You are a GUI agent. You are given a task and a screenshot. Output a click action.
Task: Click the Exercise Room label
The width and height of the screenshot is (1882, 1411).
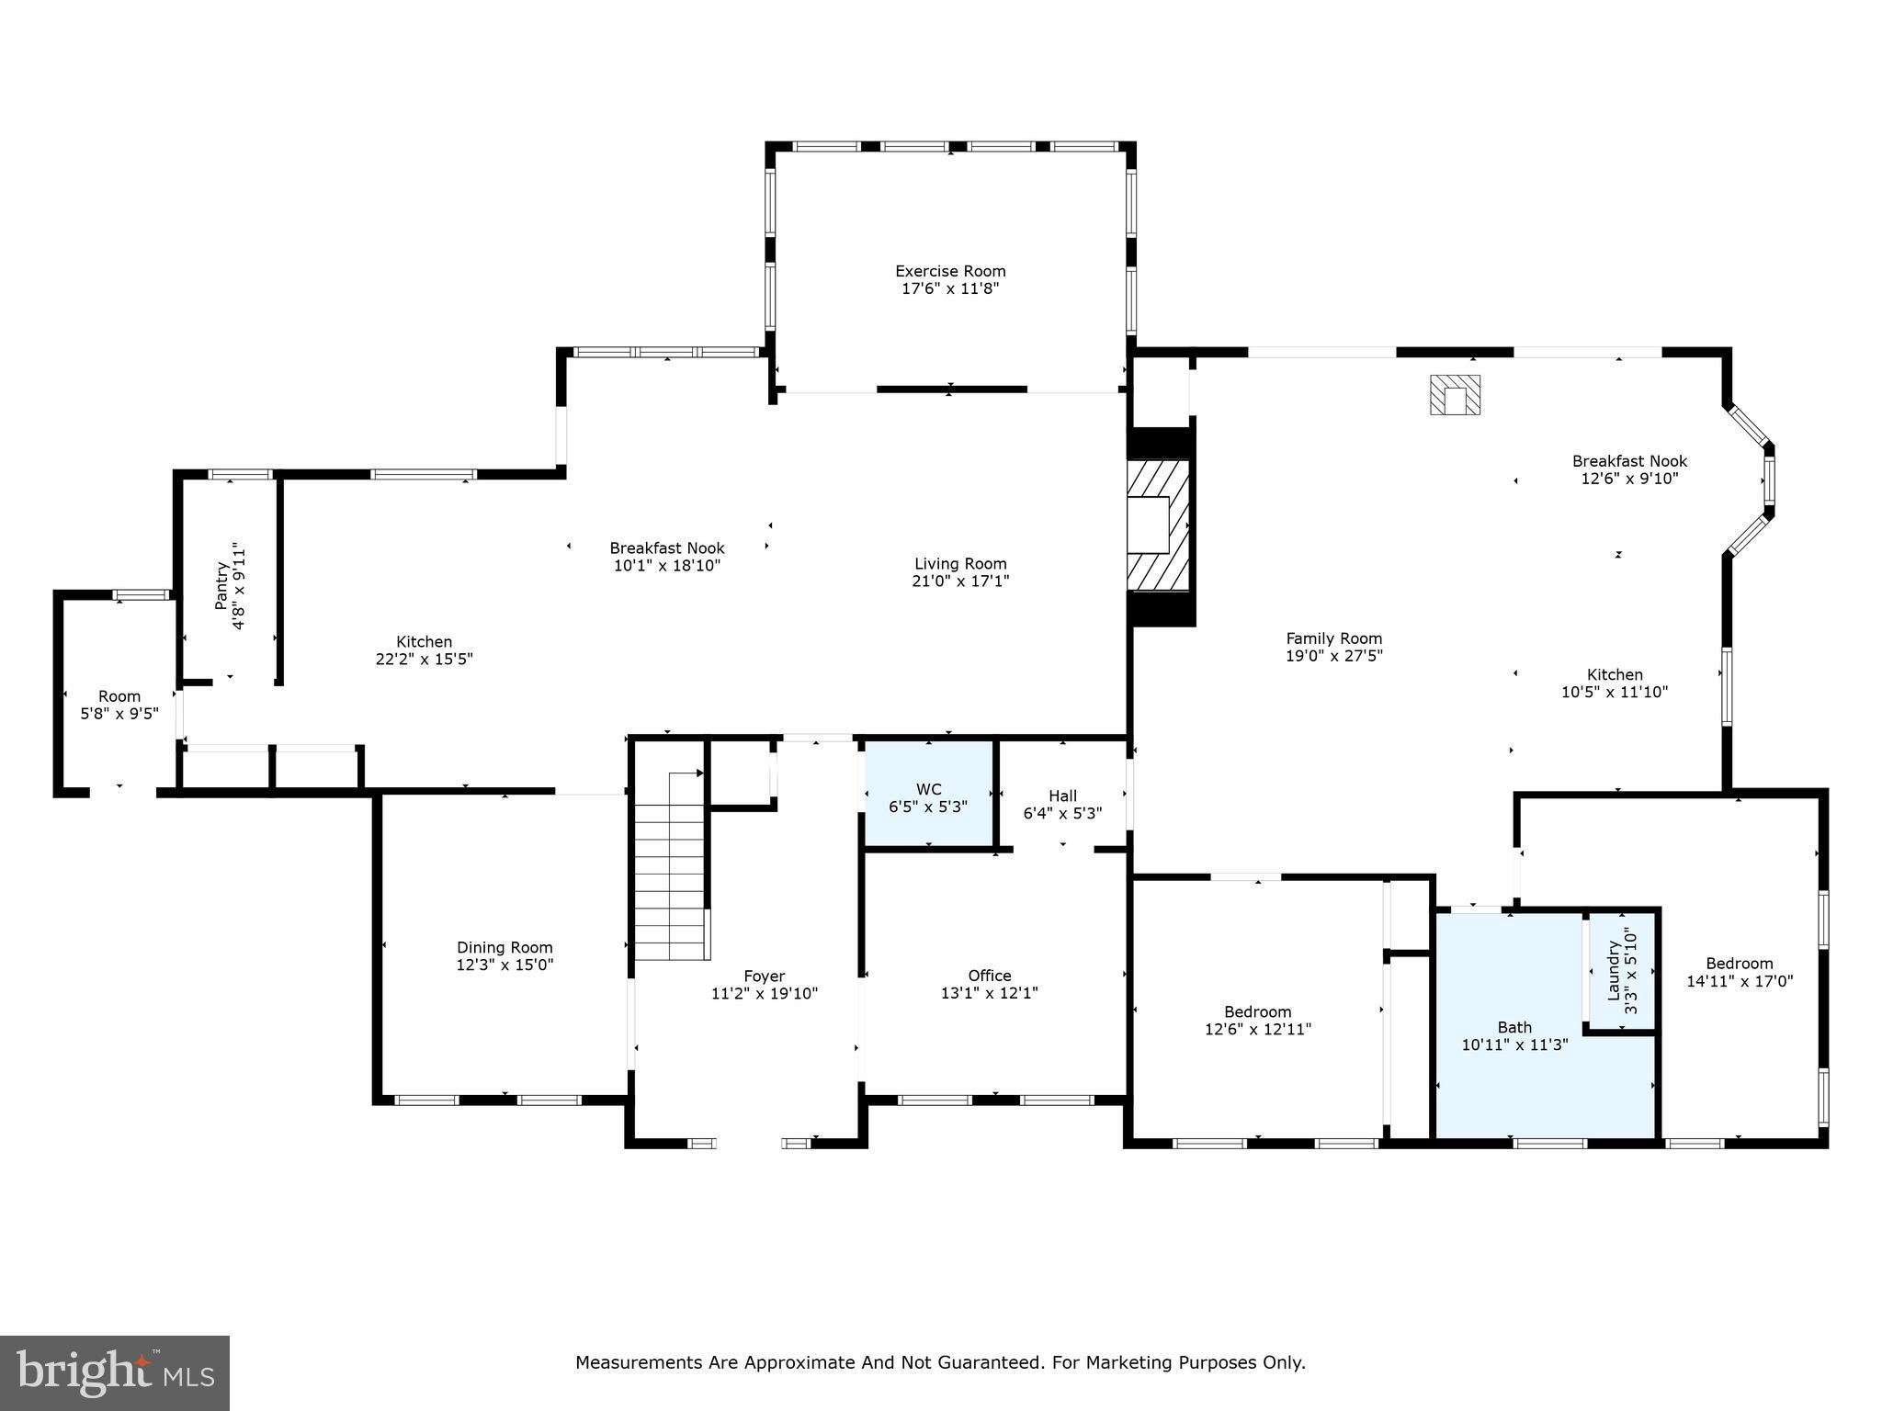pos(950,271)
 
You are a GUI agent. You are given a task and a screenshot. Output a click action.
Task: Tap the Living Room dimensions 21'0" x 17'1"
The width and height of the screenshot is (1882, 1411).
pos(960,581)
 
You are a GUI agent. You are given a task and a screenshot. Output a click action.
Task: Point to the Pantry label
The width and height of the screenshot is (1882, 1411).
pos(221,585)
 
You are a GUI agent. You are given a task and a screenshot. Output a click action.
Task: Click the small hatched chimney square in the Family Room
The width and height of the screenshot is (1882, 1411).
pos(1455,395)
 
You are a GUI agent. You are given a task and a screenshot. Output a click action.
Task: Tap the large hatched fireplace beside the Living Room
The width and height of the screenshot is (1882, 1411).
pos(1158,525)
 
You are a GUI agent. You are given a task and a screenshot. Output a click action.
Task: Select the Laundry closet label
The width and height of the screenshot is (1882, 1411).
pos(1613,970)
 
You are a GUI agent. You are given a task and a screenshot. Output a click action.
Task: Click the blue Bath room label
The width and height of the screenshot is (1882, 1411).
pos(1514,1027)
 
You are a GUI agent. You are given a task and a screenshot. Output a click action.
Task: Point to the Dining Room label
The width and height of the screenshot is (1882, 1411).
pos(505,947)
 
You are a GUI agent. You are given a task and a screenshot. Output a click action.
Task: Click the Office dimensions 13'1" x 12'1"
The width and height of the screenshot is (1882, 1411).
pos(989,993)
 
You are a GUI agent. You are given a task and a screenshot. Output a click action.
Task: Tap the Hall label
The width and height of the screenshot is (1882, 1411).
pos(1062,796)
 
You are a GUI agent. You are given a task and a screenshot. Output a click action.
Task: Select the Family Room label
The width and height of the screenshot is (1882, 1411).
pos(1333,638)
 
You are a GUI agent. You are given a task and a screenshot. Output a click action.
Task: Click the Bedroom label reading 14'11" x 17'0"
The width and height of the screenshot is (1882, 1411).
pos(1739,981)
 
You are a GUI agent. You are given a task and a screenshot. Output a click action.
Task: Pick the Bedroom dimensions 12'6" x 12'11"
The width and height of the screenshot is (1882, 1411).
pos(1257,1030)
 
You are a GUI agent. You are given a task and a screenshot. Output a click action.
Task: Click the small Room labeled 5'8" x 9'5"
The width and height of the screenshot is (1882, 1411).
pos(119,705)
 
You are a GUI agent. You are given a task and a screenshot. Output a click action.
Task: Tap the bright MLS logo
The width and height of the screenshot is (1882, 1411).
pos(115,1372)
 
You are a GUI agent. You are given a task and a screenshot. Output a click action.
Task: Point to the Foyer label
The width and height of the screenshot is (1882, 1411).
pos(764,976)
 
